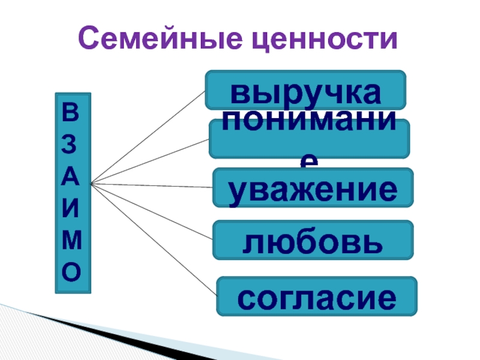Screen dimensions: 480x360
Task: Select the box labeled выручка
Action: [x=306, y=90]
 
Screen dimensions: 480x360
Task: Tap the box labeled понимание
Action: [x=309, y=139]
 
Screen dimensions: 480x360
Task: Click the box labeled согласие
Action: [x=317, y=296]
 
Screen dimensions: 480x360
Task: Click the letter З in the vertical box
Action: [x=72, y=142]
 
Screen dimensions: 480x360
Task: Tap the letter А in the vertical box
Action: [x=72, y=175]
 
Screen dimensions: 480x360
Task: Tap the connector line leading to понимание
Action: [x=150, y=161]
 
